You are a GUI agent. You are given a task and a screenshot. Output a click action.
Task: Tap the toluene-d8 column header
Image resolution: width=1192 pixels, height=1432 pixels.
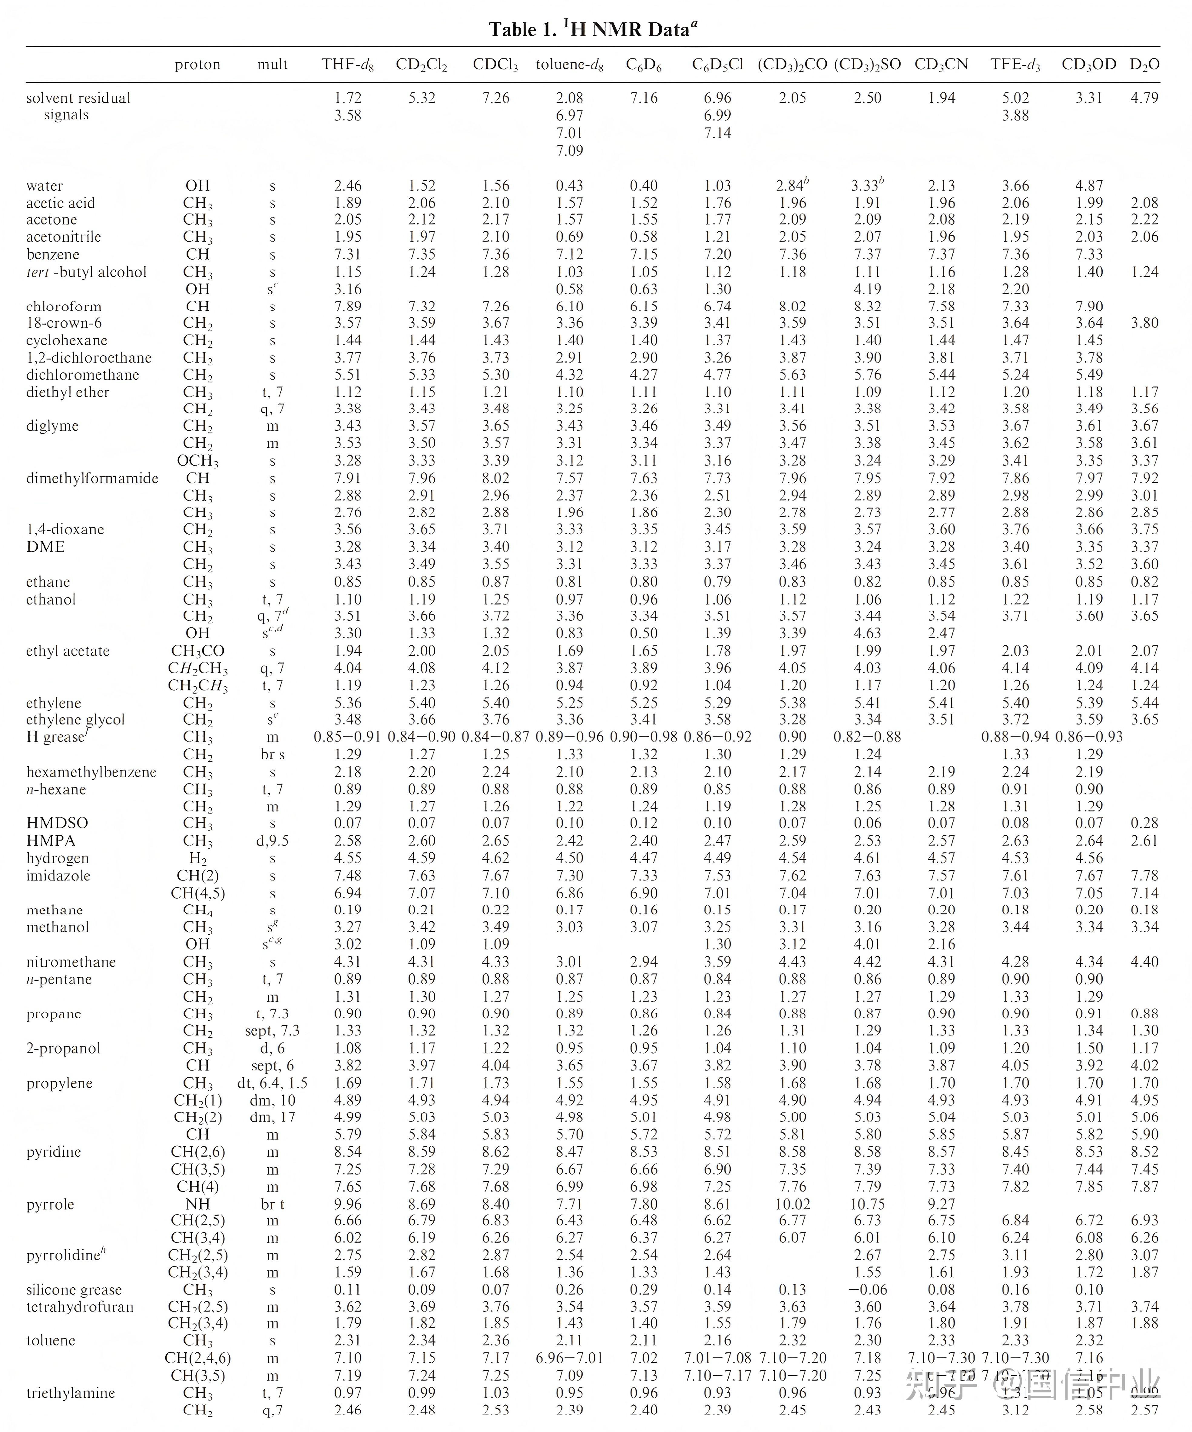[x=569, y=65]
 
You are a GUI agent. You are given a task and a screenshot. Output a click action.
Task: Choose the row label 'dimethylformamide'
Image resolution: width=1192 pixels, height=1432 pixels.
[x=92, y=478]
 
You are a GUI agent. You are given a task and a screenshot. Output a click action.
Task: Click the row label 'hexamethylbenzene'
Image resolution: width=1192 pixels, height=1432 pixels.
[x=91, y=772]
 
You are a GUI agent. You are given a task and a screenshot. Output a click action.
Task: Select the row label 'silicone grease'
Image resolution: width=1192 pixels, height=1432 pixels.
[x=74, y=1289]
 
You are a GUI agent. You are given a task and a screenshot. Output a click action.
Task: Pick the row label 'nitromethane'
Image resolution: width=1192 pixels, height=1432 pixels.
[x=71, y=962]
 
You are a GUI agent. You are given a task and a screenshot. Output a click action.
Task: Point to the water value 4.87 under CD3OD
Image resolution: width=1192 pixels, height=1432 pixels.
[x=1089, y=185]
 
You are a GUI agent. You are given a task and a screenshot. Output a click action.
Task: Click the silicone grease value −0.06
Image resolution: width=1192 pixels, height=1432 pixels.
[x=867, y=1289]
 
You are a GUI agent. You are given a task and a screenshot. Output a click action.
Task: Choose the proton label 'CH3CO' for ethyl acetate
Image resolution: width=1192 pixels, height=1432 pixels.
[x=198, y=651]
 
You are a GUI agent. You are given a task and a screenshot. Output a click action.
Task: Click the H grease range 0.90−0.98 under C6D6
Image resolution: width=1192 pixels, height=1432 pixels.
[x=644, y=737]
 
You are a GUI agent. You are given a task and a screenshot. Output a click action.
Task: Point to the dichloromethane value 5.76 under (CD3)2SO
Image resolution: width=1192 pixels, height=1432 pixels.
[x=867, y=374]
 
